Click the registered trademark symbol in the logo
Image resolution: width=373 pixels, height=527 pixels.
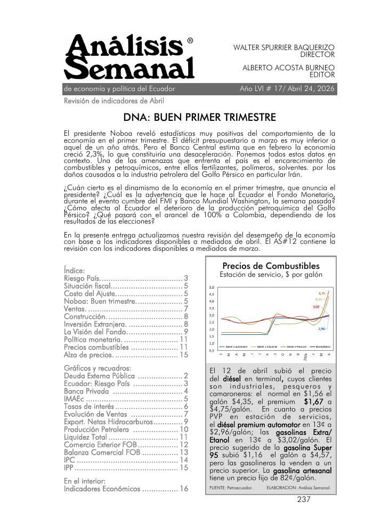(x=190, y=41)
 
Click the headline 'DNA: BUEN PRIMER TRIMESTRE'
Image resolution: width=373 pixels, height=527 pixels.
(x=199, y=117)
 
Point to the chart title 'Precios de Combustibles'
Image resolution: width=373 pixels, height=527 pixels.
(x=271, y=266)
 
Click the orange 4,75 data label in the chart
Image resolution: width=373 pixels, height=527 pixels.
(x=322, y=293)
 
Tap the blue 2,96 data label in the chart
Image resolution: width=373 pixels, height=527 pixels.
(x=321, y=329)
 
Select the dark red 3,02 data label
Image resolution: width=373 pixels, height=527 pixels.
(x=316, y=307)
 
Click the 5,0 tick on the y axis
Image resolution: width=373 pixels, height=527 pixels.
(x=211, y=287)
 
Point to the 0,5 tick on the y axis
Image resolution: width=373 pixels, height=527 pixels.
(x=211, y=350)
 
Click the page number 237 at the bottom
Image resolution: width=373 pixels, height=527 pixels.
(x=304, y=499)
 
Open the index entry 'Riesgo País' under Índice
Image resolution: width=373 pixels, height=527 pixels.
(x=82, y=278)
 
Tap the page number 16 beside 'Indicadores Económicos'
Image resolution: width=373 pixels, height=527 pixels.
(x=183, y=489)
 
